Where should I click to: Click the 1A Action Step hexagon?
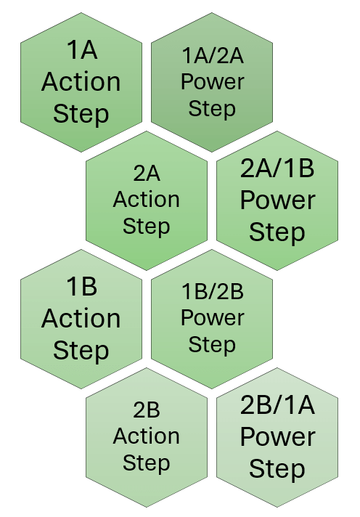(81, 82)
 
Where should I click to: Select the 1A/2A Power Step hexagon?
(212, 82)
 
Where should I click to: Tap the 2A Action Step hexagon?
(147, 200)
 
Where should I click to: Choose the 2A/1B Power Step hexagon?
(277, 200)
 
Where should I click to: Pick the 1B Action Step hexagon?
(81, 319)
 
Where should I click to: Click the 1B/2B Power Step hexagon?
(212, 319)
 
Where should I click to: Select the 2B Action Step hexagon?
(147, 437)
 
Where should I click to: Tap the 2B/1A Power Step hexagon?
(277, 437)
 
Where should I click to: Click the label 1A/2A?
(213, 55)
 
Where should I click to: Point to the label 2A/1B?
(277, 168)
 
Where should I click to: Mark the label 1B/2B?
(213, 292)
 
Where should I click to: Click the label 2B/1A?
(277, 405)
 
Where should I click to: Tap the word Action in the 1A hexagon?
(81, 82)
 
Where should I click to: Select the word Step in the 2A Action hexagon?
(147, 227)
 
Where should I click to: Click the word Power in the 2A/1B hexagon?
(277, 200)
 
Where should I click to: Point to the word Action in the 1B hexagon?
(81, 319)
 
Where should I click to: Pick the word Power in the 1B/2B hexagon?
(213, 318)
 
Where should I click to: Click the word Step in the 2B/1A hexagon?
(277, 469)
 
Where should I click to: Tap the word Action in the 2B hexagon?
(147, 436)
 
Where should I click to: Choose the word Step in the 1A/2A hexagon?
(212, 109)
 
